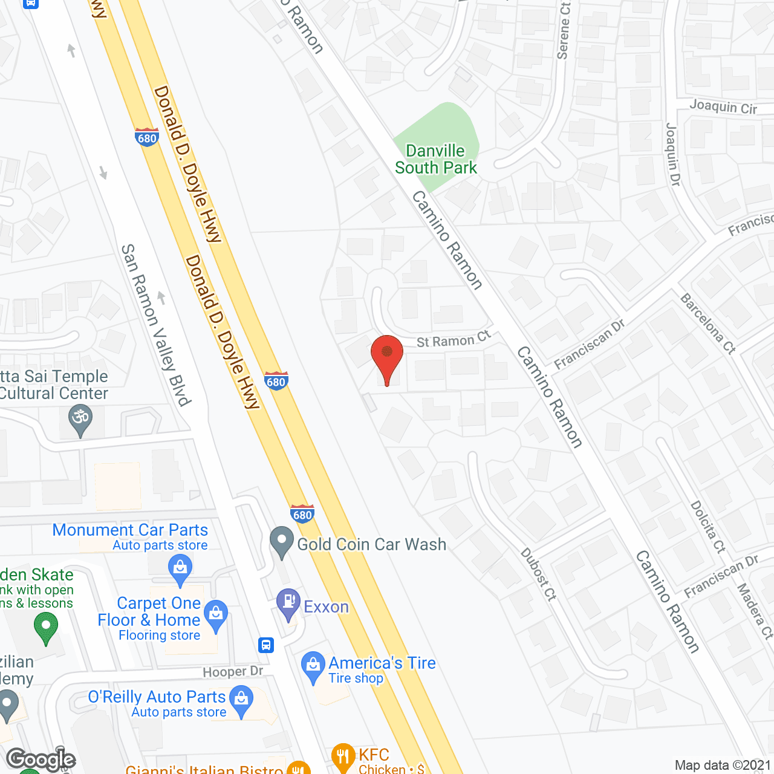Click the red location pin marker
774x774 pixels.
coord(386,357)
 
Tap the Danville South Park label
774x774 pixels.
coord(436,159)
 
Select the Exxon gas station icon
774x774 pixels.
coord(288,603)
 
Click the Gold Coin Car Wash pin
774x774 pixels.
coord(281,542)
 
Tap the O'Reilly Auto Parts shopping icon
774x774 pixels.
coord(241,700)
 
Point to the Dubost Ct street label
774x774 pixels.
coord(538,574)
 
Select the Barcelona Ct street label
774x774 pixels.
coord(708,323)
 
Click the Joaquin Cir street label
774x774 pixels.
coord(723,107)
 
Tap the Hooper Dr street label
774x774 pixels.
coord(233,671)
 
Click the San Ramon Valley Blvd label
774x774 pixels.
coord(156,325)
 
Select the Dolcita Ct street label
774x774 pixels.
coord(708,527)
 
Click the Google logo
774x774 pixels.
coord(41,759)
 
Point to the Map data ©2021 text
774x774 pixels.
coord(723,765)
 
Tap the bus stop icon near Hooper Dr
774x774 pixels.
coord(266,645)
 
